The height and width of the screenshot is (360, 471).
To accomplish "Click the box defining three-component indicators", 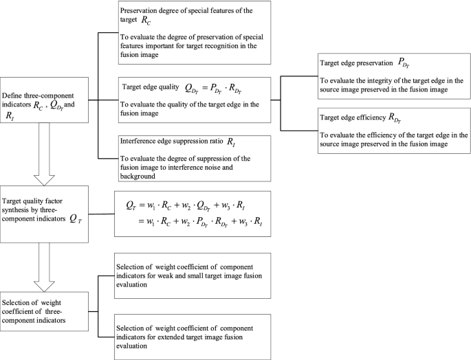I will [45, 100].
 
